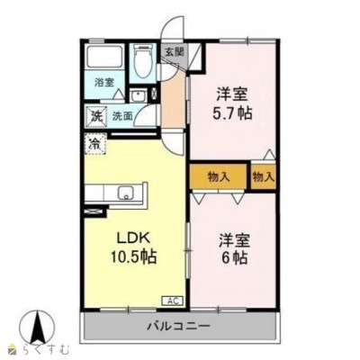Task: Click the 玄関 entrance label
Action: (173, 52)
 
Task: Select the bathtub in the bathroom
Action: (104, 58)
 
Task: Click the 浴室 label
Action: (104, 82)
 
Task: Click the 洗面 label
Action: (122, 116)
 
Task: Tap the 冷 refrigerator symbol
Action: (95, 144)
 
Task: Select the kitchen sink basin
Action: (126, 193)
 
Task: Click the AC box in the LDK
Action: (172, 301)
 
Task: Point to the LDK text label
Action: (133, 238)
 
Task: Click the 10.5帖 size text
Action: (133, 256)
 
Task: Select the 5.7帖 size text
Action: (232, 113)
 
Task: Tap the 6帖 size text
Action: (232, 257)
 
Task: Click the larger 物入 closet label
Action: (219, 177)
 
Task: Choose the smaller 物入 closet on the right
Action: (263, 176)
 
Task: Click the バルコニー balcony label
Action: (178, 326)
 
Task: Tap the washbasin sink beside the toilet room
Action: (138, 96)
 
